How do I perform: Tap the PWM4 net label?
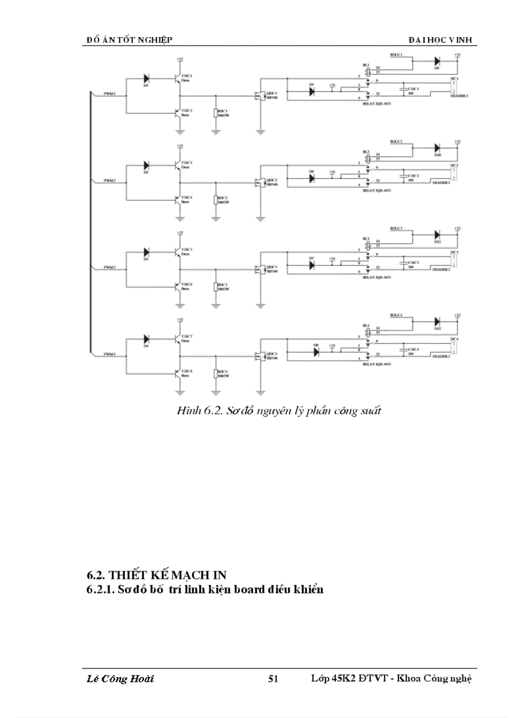tap(110, 353)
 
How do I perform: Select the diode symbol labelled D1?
tap(146, 79)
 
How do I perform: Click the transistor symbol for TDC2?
tap(177, 113)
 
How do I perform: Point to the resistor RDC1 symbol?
tap(216, 113)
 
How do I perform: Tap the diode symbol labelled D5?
tap(312, 91)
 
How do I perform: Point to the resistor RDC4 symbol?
tap(216, 373)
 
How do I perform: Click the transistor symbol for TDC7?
tap(177, 338)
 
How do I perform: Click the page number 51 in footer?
tap(273, 679)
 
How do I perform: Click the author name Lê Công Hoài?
tap(120, 679)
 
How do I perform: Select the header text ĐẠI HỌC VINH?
tap(442, 40)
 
